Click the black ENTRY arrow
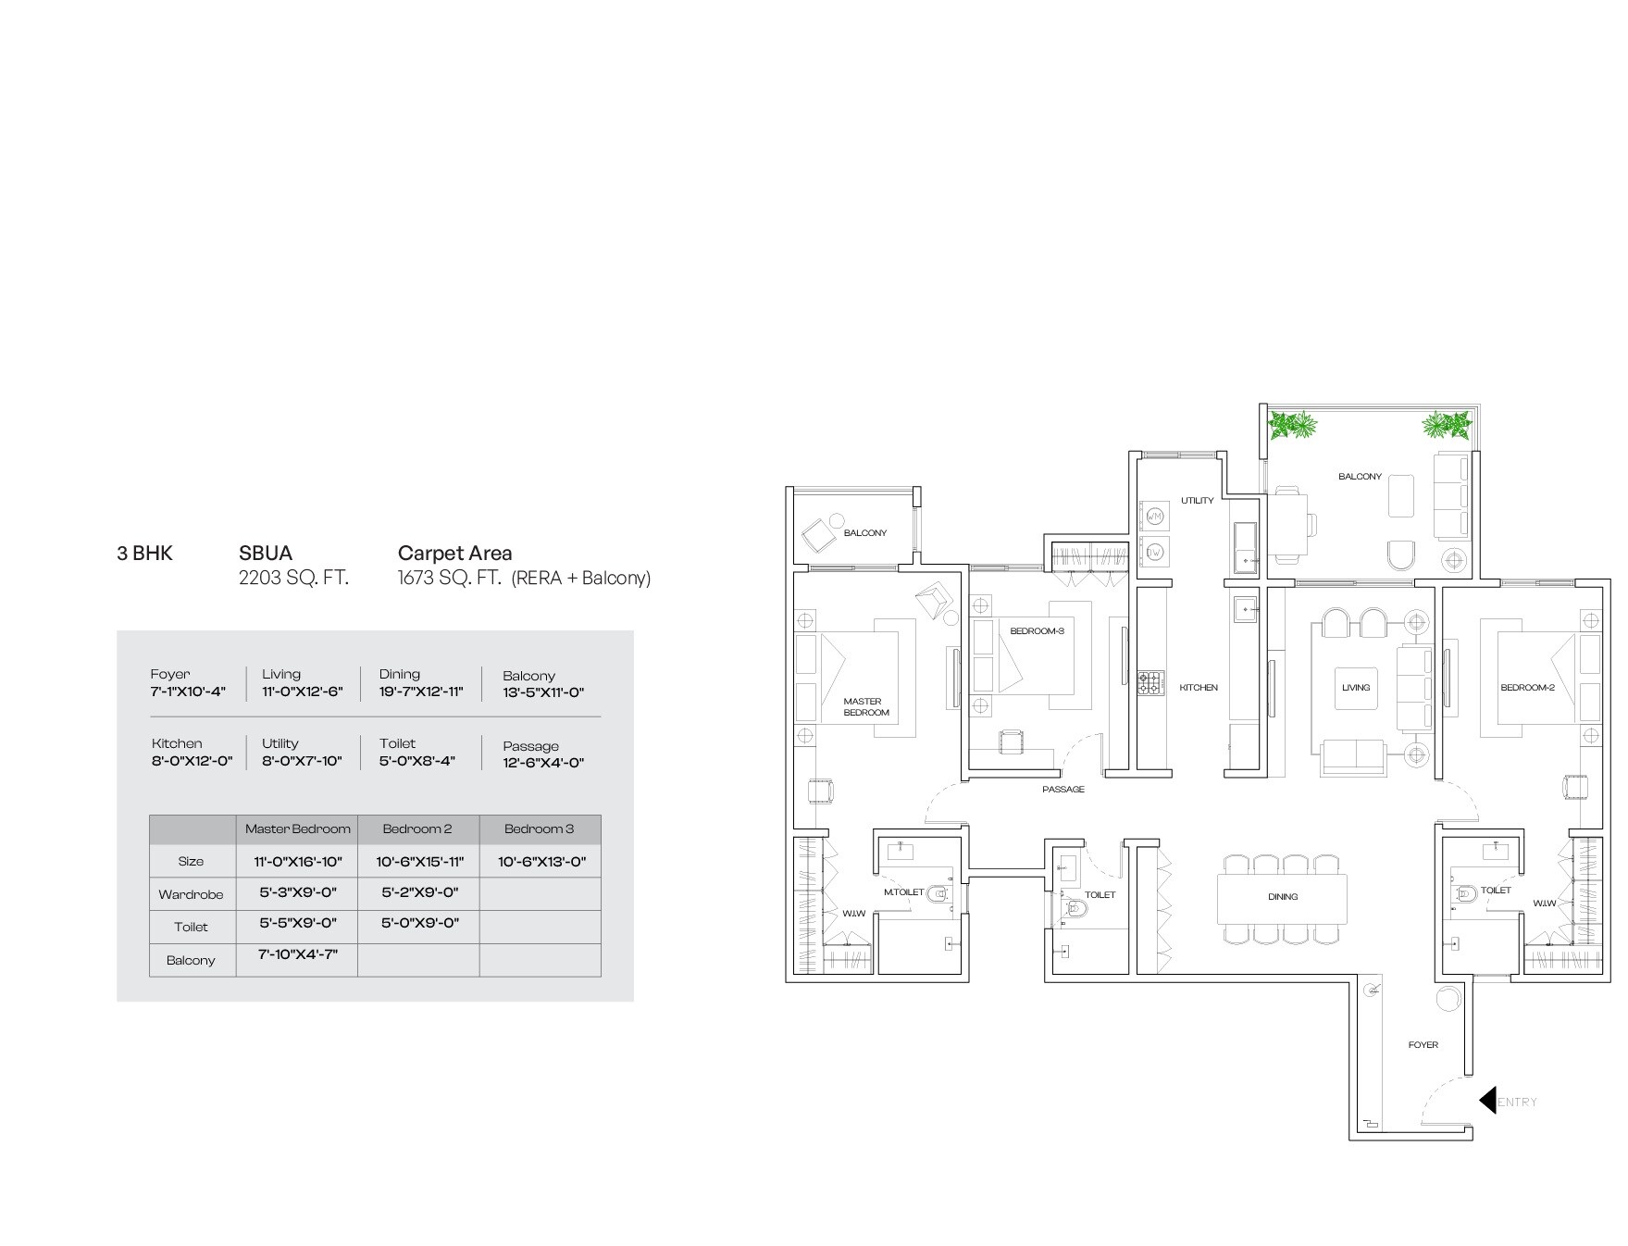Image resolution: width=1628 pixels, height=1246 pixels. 1487,1100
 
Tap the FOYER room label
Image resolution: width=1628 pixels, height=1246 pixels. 1423,1045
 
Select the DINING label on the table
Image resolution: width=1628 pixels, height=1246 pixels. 1282,896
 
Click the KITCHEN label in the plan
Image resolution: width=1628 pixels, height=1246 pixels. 1199,688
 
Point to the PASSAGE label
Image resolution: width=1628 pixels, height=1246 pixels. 1063,790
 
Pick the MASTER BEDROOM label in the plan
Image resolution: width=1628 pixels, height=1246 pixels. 865,706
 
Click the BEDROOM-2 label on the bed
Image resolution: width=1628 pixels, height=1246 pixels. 1526,688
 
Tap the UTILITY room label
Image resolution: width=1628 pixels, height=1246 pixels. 1197,501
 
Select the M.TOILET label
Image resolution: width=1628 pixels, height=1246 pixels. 903,892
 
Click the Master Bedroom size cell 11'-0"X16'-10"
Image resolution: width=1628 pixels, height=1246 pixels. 298,862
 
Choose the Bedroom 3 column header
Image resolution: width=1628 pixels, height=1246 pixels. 539,829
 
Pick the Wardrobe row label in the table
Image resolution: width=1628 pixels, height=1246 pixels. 191,895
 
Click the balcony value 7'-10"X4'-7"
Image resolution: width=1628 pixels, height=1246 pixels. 297,954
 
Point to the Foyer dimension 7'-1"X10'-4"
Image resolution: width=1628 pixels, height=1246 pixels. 188,692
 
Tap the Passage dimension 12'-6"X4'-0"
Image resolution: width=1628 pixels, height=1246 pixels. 543,763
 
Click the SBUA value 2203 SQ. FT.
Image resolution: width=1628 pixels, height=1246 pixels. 293,579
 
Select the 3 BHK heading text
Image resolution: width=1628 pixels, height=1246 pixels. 144,554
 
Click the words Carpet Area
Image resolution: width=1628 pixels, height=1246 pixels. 454,554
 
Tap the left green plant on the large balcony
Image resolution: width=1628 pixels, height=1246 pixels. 1293,426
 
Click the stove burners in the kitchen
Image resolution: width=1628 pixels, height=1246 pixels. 1150,683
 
